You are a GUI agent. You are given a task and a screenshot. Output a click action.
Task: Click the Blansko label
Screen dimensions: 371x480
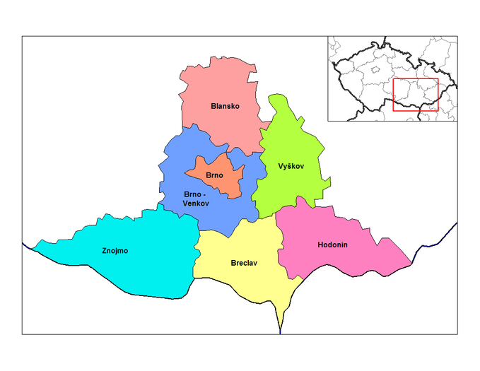pos(225,106)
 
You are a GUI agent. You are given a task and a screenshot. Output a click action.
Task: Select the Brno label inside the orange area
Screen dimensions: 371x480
pos(215,175)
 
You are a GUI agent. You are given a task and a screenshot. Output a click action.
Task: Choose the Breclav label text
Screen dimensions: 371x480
pos(244,263)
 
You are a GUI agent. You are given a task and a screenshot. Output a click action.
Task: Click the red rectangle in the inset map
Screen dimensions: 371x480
pos(416,95)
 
